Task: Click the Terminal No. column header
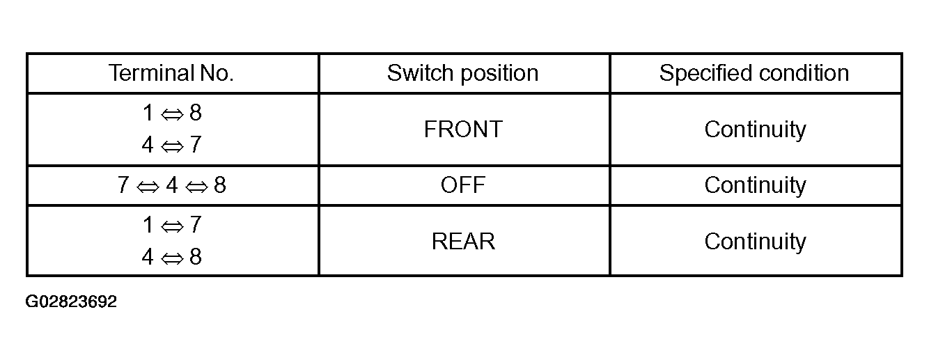pyautogui.click(x=171, y=73)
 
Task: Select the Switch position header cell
pyautogui.click(x=463, y=73)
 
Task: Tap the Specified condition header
pyautogui.click(x=754, y=73)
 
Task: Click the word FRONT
pyautogui.click(x=463, y=129)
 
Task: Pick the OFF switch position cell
pyautogui.click(x=463, y=185)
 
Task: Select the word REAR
pyautogui.click(x=463, y=242)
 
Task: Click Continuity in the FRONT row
pyautogui.click(x=755, y=130)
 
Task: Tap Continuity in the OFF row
pyautogui.click(x=755, y=185)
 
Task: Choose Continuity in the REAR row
pyautogui.click(x=755, y=242)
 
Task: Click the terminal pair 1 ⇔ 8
pyautogui.click(x=172, y=113)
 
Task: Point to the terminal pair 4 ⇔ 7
pyautogui.click(x=172, y=145)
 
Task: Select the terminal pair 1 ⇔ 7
pyautogui.click(x=172, y=225)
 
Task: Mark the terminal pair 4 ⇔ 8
pyautogui.click(x=172, y=257)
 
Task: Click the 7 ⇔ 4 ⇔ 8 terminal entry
pyautogui.click(x=172, y=185)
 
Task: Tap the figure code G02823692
pyautogui.click(x=71, y=302)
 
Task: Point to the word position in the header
pyautogui.click(x=500, y=74)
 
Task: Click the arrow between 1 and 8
pyautogui.click(x=172, y=114)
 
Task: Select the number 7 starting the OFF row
pyautogui.click(x=123, y=185)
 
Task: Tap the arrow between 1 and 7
pyautogui.click(x=172, y=226)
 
